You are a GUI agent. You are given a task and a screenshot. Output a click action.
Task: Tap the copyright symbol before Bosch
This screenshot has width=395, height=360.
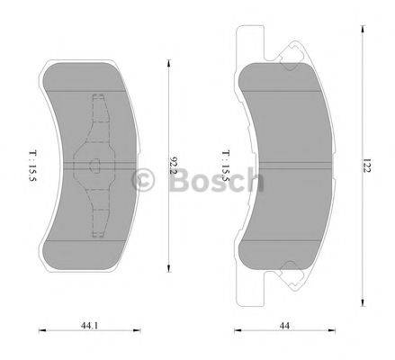(x=144, y=182)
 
